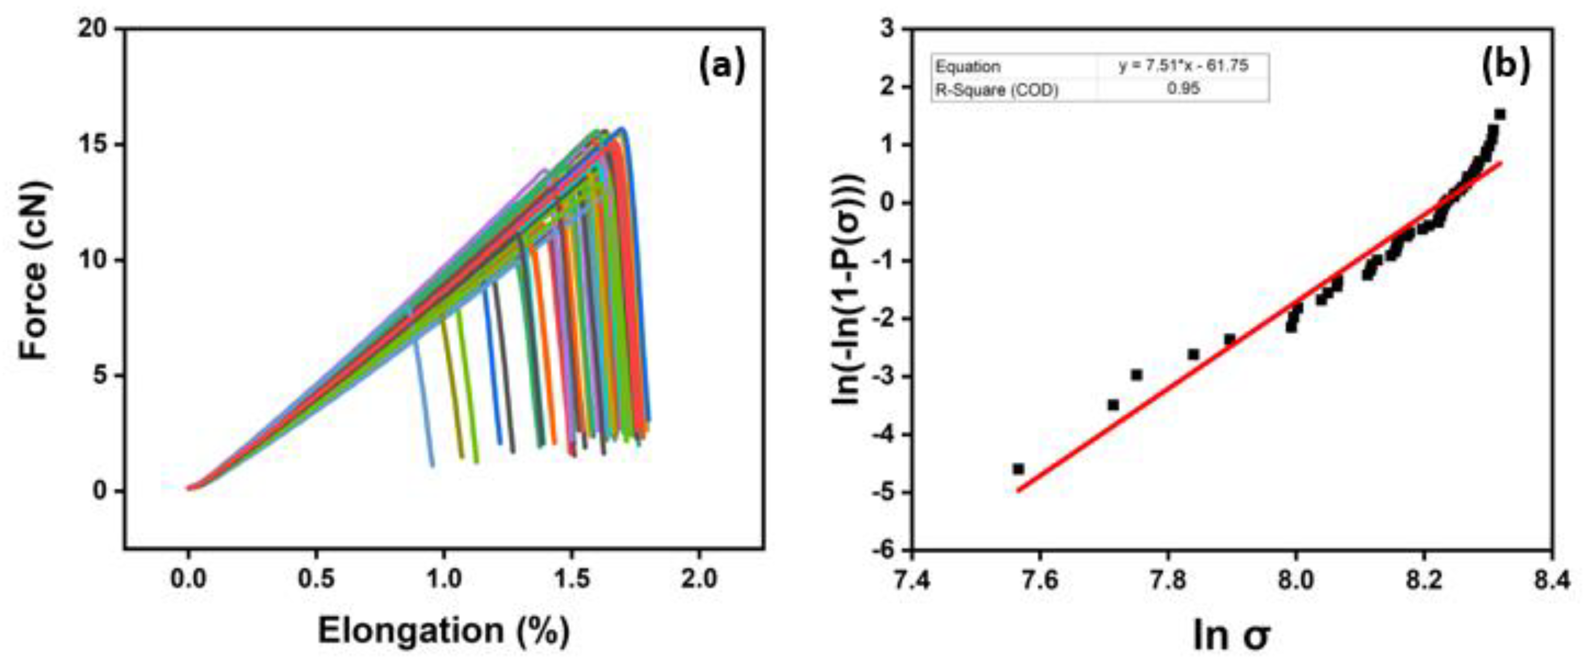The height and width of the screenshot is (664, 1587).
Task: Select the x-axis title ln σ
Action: (x=1231, y=634)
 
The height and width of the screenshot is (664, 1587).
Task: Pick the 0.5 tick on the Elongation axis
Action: (x=316, y=579)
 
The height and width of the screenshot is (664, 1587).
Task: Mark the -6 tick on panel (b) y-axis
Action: (x=885, y=549)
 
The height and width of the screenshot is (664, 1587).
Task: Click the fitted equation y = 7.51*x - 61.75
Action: (x=1183, y=66)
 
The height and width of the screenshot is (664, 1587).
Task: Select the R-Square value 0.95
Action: (x=1183, y=89)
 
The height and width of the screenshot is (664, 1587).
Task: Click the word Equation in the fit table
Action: (x=967, y=66)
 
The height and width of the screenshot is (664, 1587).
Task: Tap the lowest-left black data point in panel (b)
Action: (x=1018, y=469)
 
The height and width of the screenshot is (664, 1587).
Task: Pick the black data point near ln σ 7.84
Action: (x=1194, y=354)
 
